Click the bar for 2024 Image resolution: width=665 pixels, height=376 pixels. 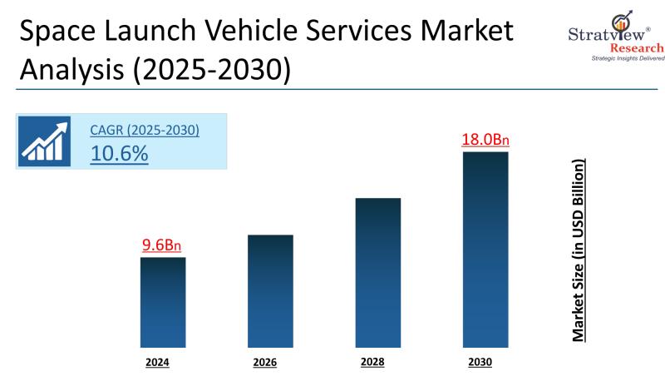tap(162, 302)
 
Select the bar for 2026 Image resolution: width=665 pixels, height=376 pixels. tap(270, 290)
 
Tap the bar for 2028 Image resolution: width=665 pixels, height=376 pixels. tap(377, 272)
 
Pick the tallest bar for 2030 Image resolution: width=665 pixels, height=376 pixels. tap(485, 249)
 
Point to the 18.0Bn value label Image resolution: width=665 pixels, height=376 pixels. tap(485, 139)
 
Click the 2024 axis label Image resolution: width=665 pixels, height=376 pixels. tap(157, 363)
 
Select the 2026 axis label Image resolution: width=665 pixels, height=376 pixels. tap(264, 363)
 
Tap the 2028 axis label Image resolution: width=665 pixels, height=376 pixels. tap(372, 363)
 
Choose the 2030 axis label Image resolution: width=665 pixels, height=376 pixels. tap(480, 363)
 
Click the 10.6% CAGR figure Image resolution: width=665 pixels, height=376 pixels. tap(120, 153)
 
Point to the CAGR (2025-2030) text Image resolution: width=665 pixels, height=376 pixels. tap(145, 131)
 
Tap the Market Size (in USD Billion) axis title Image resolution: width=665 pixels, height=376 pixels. tap(578, 249)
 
